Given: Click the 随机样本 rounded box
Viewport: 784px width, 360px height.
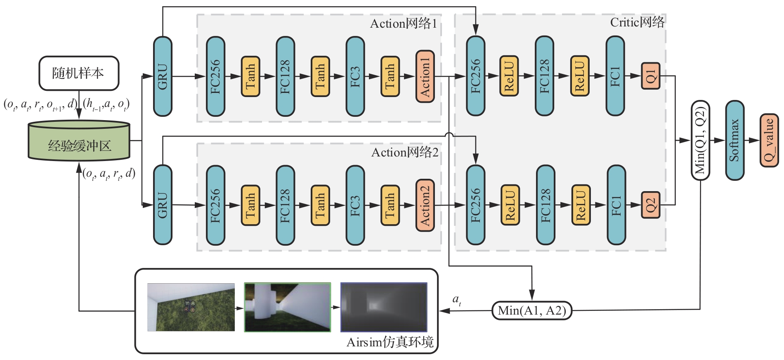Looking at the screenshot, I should coord(79,73).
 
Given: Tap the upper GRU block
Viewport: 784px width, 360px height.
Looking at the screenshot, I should coord(163,76).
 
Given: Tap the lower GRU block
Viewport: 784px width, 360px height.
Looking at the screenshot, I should coord(163,205).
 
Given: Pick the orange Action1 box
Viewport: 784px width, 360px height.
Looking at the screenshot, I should coord(425,76).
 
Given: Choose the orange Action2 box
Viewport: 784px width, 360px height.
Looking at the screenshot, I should coord(425,205).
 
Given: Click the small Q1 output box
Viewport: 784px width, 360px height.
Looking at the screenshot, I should coord(651,76).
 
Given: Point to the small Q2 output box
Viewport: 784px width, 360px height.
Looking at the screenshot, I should coord(651,205).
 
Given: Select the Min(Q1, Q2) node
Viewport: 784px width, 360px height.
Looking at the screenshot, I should coord(700,140).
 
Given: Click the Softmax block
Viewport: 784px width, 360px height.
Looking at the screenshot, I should coord(734,140).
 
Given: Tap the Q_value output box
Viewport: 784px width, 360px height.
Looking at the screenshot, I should coord(769,140).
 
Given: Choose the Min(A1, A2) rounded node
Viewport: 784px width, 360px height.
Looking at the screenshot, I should coord(532,310).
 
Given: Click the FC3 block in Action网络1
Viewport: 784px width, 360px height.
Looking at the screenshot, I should coord(355,76).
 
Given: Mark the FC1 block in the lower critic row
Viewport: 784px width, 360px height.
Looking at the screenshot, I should coord(616,205).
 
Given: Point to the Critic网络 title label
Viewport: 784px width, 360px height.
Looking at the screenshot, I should coord(637,22).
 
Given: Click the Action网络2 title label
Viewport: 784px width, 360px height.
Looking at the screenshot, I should coord(404,152).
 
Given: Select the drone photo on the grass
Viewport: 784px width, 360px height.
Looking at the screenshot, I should coord(191,307).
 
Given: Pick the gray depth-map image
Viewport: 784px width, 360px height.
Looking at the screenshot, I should coord(384,307).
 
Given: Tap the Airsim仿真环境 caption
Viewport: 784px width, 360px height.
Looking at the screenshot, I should coord(390,342).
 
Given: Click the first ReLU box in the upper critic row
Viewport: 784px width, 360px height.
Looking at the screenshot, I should coord(509,76).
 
